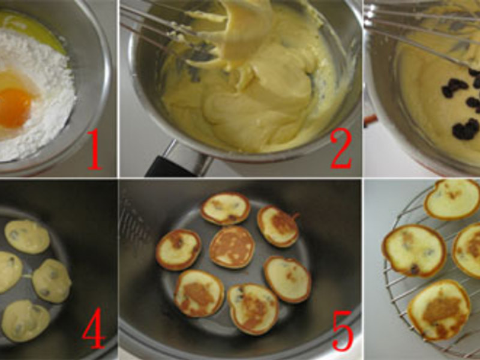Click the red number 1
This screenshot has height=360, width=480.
(x=95, y=149)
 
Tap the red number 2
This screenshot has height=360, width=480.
(x=341, y=148)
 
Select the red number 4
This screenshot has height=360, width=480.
(x=94, y=328)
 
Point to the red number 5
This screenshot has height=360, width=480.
(x=343, y=330)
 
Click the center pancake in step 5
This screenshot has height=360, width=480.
(x=232, y=247)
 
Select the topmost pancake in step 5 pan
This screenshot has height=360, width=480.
(x=226, y=208)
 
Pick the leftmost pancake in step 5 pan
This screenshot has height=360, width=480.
(x=178, y=250)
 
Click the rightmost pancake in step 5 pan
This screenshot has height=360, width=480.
(x=287, y=279)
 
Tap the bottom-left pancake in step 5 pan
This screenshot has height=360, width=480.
(x=199, y=293)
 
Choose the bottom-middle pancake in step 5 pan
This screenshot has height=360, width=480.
(x=253, y=309)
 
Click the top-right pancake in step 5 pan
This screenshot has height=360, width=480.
(x=278, y=226)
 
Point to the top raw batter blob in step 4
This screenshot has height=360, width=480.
(x=27, y=236)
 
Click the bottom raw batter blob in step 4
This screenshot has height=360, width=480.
(x=26, y=320)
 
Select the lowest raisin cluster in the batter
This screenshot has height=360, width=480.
(x=466, y=130)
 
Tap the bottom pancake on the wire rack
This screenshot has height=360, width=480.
(x=439, y=310)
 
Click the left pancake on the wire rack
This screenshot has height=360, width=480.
(x=414, y=250)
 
